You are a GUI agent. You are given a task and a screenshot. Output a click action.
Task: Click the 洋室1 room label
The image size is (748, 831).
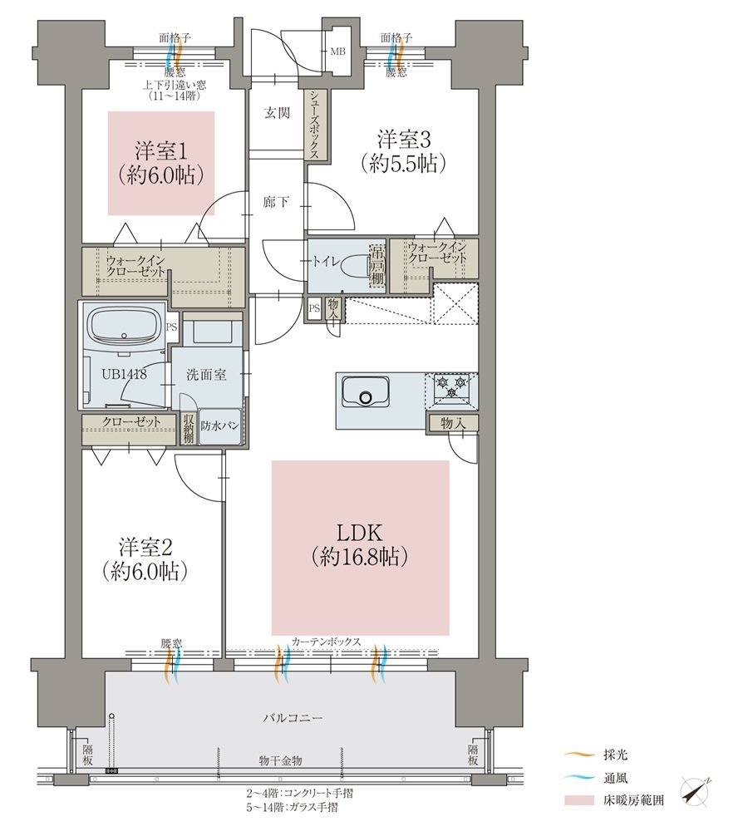(160, 151)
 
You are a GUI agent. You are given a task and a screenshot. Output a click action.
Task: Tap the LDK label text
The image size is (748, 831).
(360, 532)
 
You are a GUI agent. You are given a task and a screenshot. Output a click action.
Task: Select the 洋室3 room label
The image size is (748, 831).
(403, 140)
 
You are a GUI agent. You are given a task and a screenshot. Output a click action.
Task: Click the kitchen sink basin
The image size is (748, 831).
(365, 392)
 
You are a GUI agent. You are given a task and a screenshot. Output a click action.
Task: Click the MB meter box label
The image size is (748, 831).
(337, 52)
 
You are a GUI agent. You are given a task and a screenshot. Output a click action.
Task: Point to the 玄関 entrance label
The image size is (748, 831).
(277, 112)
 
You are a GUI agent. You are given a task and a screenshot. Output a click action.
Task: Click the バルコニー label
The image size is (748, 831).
(293, 718)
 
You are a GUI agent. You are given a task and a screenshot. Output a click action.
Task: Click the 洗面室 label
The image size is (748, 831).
(205, 375)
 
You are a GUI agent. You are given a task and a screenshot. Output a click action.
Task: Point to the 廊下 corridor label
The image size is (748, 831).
(276, 202)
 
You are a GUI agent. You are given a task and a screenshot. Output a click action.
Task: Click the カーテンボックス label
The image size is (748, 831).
(326, 642)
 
